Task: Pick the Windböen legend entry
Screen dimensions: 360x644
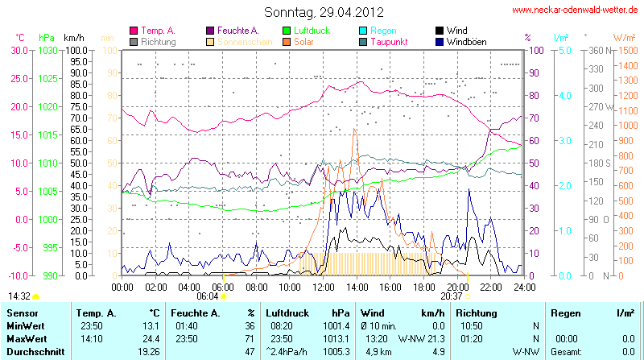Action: click(x=466, y=41)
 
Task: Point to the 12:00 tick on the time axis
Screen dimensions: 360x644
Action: click(x=324, y=287)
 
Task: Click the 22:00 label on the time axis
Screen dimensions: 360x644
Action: click(x=491, y=287)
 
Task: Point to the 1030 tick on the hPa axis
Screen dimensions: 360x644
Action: click(x=47, y=50)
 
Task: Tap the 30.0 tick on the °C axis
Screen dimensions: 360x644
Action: click(x=19, y=50)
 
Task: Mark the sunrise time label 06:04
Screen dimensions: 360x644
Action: click(x=208, y=296)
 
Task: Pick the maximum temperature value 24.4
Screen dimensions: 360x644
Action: click(x=150, y=338)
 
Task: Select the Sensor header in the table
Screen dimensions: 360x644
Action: click(x=23, y=312)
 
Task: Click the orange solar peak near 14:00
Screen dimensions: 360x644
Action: click(x=354, y=129)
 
